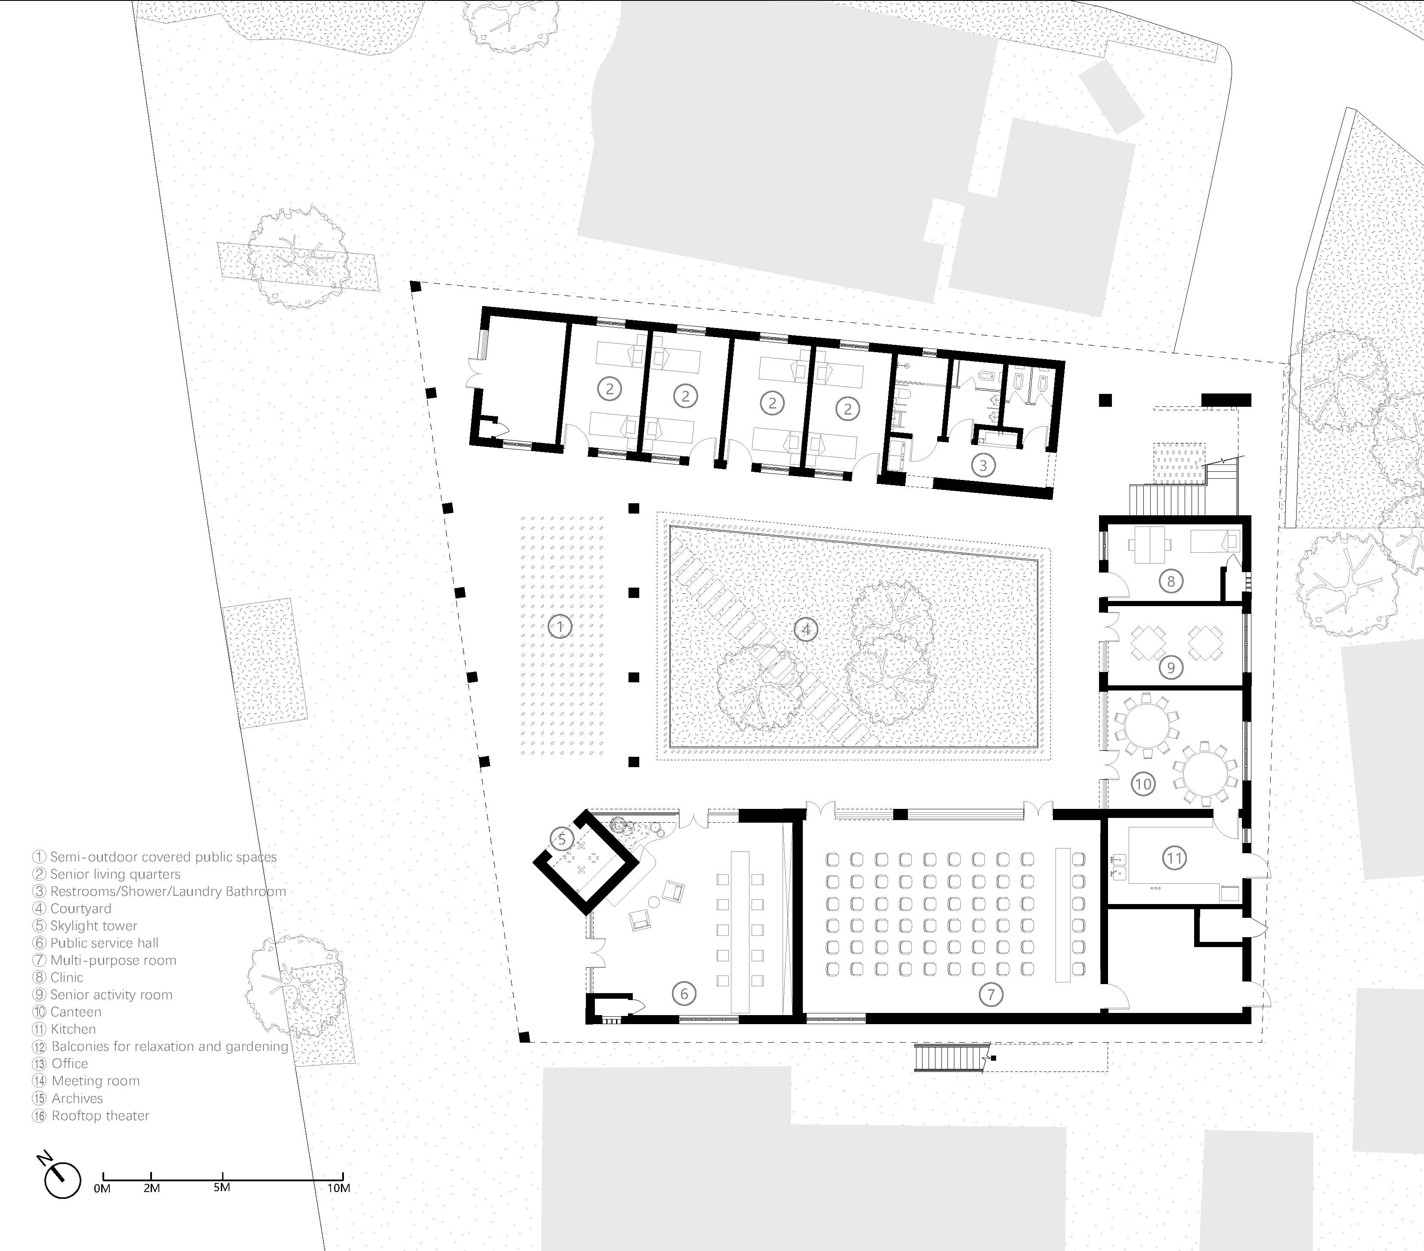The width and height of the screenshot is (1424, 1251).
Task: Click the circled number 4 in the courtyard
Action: (806, 630)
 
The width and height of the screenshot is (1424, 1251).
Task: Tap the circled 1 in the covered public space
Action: (560, 626)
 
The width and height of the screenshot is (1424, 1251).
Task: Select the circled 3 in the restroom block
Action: (983, 465)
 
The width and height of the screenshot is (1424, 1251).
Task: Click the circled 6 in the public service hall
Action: (684, 993)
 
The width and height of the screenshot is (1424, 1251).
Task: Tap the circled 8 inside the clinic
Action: (1170, 581)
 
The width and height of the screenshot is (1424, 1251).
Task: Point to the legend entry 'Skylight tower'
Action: (93, 926)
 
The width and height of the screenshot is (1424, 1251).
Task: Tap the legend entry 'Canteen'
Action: (76, 1012)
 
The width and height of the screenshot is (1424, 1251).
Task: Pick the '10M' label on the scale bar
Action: (339, 1188)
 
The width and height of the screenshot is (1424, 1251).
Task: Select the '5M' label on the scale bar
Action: (222, 1187)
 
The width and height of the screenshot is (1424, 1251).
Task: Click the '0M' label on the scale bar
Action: (102, 1188)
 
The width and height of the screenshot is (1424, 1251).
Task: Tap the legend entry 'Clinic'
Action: (66, 977)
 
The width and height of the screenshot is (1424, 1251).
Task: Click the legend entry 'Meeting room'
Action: (96, 1081)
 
